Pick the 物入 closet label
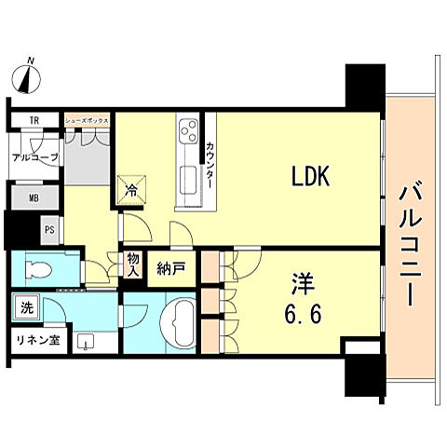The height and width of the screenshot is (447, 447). (133, 265)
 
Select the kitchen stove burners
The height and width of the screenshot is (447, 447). (187, 129)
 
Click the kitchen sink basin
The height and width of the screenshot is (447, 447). (186, 177)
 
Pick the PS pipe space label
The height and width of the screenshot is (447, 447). (48, 227)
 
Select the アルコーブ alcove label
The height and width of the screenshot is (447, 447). (34, 157)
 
